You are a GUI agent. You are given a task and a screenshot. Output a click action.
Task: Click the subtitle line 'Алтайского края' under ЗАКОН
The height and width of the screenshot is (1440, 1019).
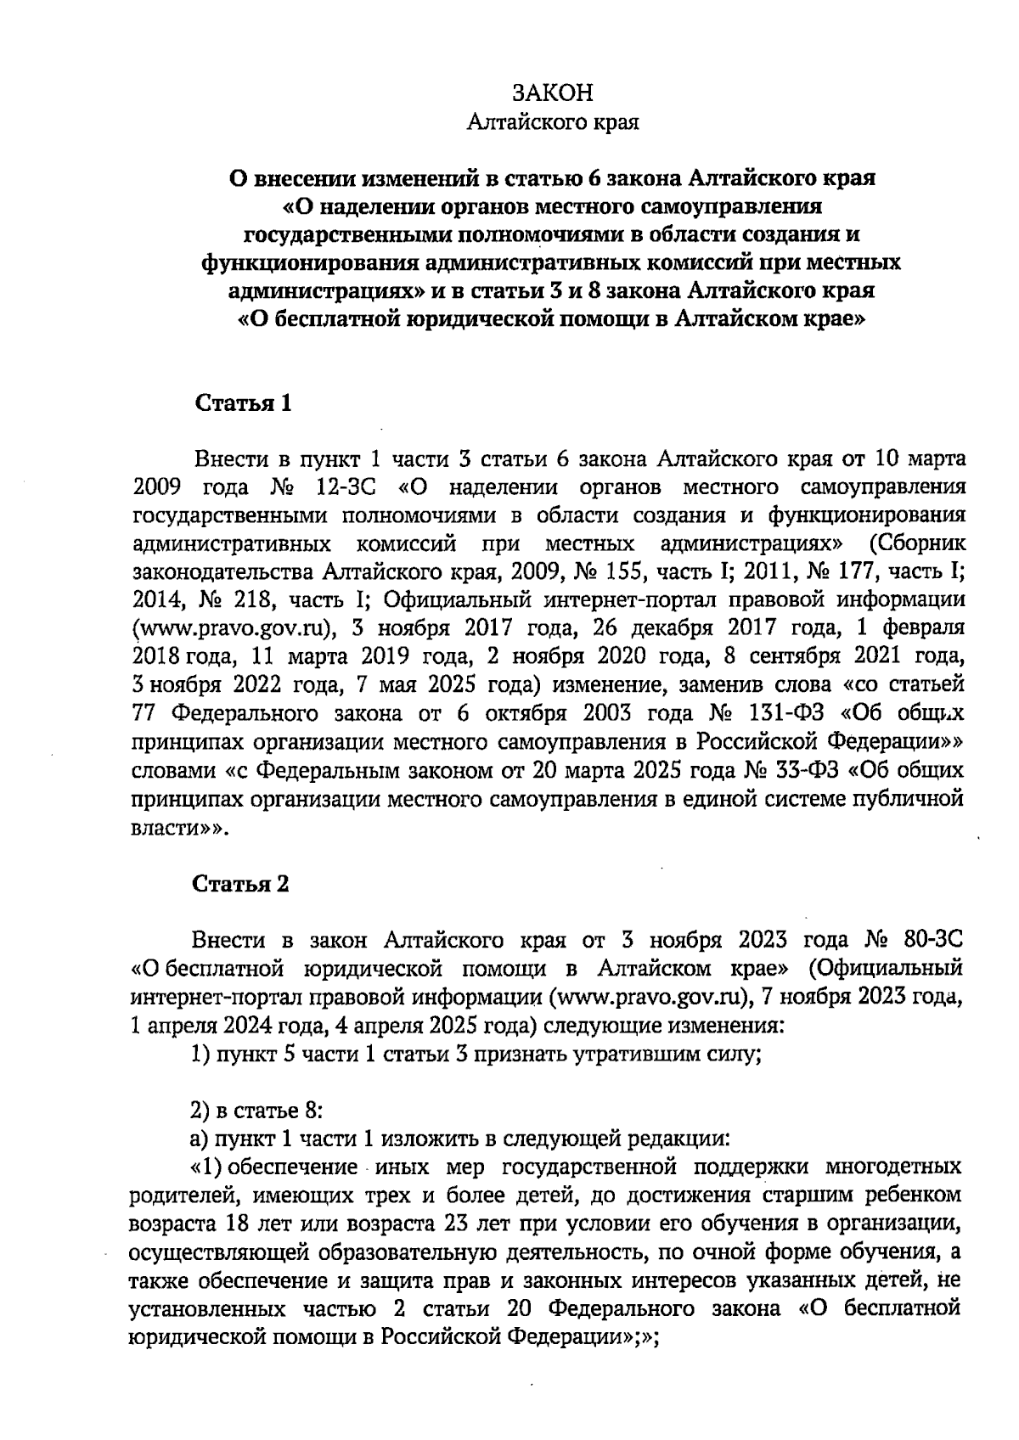[x=553, y=123]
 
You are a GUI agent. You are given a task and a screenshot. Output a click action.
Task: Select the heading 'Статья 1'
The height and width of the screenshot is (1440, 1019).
[x=244, y=403]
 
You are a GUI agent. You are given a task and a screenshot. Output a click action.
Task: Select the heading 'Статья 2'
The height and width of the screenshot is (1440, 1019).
[x=242, y=884]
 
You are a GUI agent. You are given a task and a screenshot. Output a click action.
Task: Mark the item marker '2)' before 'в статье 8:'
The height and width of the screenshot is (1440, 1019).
[x=200, y=1110]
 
